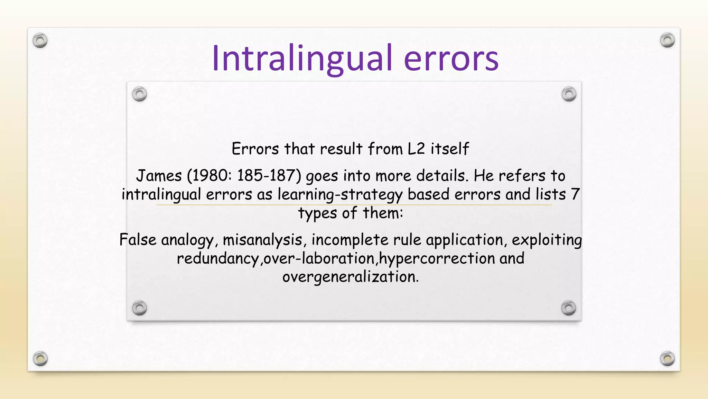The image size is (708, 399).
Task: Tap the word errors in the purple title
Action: coord(451,59)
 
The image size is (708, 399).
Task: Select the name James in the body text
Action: coord(159,176)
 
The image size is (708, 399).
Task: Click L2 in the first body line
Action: coord(416,149)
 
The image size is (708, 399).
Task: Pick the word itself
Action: coord(450,149)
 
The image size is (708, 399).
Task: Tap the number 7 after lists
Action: coord(575,194)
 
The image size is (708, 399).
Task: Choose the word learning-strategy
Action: coord(340,195)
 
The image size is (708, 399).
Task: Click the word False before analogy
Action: coord(138,240)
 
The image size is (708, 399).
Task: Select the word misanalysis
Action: coord(262,240)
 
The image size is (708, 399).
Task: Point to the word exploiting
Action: coord(547,240)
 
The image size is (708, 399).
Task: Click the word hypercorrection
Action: coord(437,258)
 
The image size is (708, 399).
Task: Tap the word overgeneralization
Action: coord(350,277)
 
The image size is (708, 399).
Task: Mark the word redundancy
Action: coord(218,259)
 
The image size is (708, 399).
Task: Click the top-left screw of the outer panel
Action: coord(40,41)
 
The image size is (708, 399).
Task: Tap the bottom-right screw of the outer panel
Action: coord(667,359)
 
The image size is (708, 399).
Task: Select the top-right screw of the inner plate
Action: coord(569,94)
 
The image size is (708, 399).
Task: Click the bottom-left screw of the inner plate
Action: coord(140,308)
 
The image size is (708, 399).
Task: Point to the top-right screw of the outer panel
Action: coord(667,40)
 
